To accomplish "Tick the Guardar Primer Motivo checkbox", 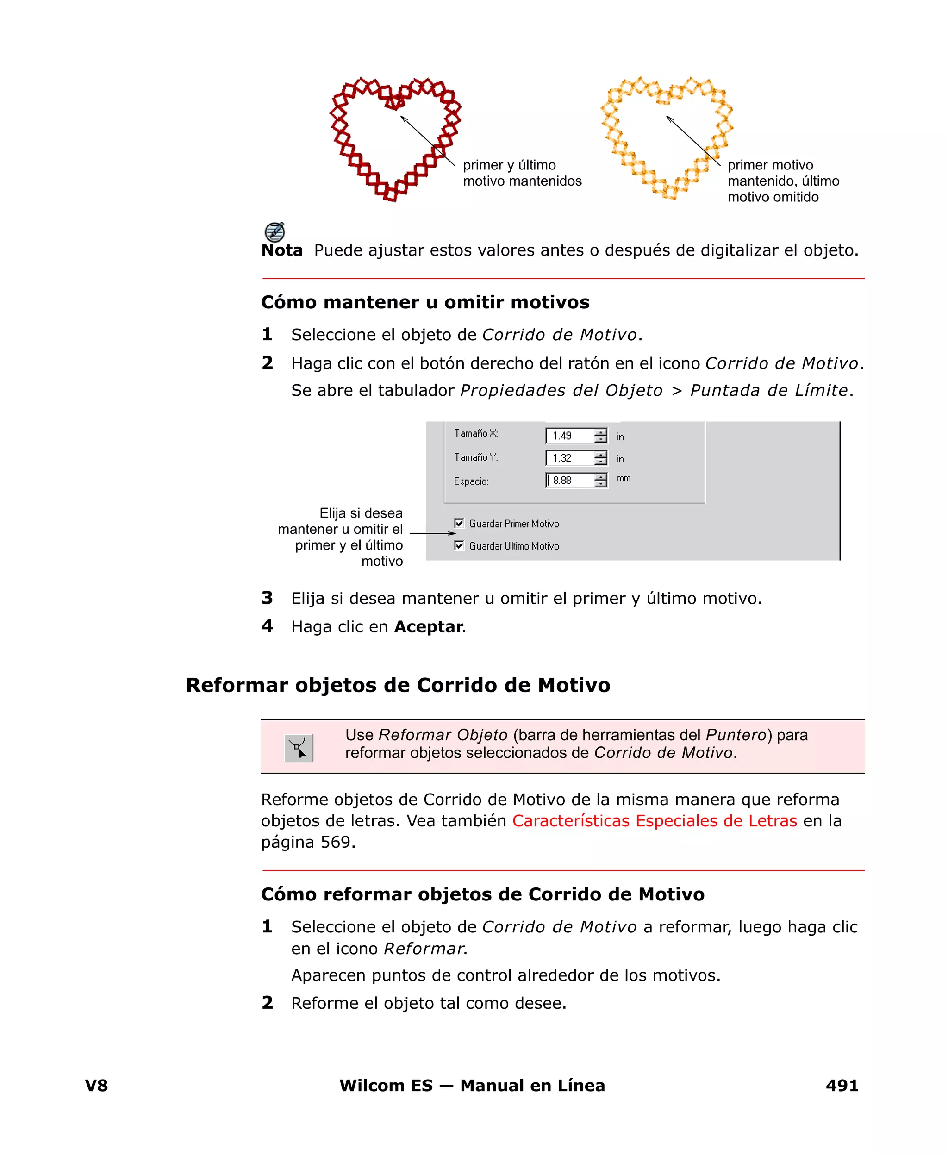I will pos(459,523).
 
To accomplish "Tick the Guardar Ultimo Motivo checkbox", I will pos(459,545).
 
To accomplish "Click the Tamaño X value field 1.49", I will pos(569,436).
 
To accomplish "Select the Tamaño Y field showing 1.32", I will pos(569,458).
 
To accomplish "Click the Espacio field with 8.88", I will pos(569,481).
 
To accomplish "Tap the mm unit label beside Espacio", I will pos(624,478).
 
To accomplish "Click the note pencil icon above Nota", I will pos(274,231).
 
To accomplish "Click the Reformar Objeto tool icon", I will pos(299,748).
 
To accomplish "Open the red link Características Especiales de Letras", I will pos(654,821).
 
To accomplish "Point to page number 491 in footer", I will pos(842,1086).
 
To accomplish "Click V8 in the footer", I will pos(97,1086).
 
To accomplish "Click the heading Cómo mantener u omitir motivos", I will pos(425,302).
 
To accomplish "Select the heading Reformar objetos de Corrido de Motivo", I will pos(398,685).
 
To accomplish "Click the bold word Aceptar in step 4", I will pos(428,626).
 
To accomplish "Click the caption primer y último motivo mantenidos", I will pos(522,173).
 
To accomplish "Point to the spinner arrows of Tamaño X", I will pos(601,436).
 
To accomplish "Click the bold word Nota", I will pos(282,250).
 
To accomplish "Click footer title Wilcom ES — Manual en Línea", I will pos(472,1086).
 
